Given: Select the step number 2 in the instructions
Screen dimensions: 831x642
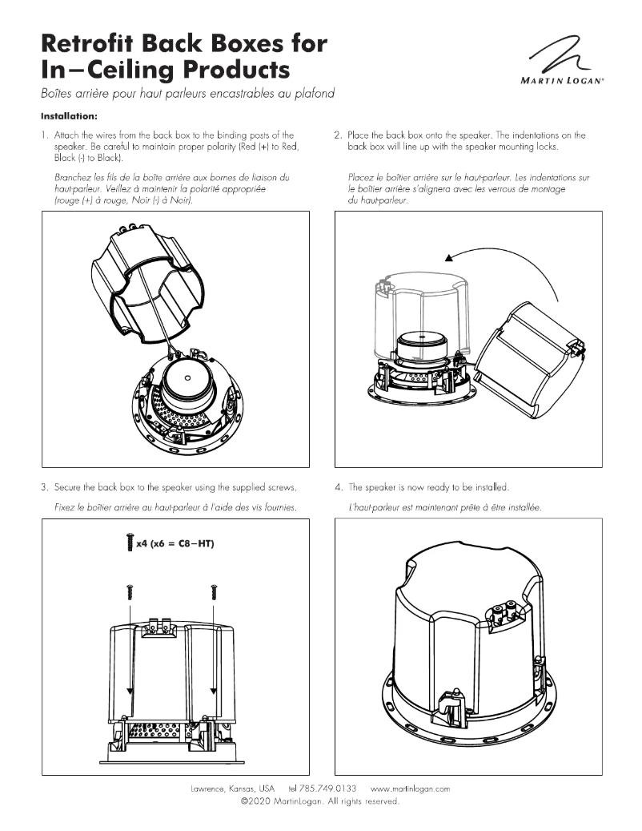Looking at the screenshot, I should point(338,135).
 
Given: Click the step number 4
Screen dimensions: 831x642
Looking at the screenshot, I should point(338,487).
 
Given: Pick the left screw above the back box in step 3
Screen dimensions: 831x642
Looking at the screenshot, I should point(128,592).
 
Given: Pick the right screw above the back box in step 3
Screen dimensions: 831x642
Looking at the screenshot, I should point(214,592).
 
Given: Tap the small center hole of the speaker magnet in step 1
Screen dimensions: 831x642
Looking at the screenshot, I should point(186,378).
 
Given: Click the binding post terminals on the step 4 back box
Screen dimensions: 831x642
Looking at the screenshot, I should point(504,615).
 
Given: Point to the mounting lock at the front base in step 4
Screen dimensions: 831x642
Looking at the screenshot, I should point(454,700).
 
